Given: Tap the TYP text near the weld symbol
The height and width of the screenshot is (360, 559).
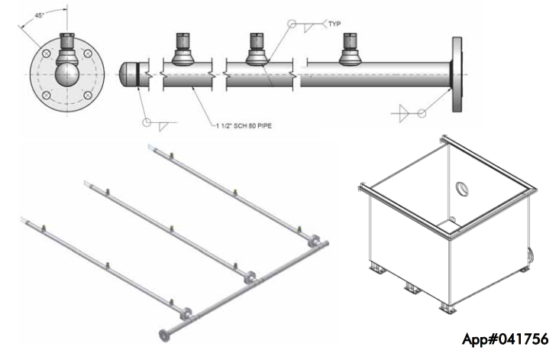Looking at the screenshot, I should click(334, 24).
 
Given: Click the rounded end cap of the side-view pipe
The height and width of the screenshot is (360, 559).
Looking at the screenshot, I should click(129, 76).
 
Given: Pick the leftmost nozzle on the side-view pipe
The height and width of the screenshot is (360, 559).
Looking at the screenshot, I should click(183, 50).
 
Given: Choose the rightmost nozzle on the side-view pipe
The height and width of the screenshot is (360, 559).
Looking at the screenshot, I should click(351, 50).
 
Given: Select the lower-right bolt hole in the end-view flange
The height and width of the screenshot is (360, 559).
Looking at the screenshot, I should click(88, 96).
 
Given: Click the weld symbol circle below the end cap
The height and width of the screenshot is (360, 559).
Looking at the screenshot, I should click(148, 122).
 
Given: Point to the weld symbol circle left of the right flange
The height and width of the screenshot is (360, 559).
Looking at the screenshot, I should click(421, 113).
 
